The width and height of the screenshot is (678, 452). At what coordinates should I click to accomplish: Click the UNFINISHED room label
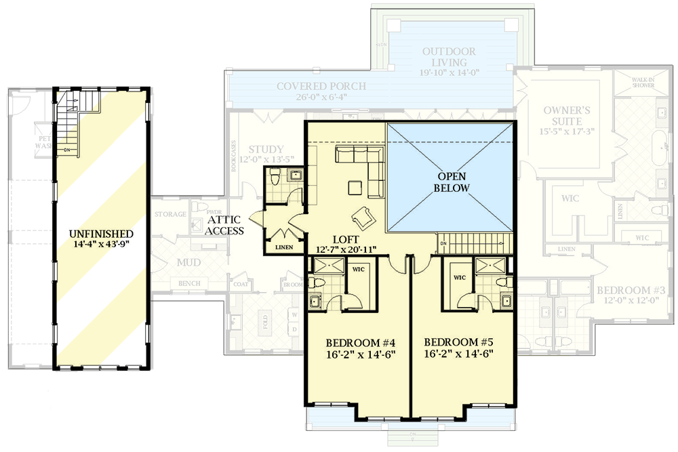(100, 233)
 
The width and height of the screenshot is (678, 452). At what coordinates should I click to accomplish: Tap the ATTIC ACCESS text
(226, 225)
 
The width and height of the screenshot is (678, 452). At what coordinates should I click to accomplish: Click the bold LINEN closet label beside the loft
(284, 248)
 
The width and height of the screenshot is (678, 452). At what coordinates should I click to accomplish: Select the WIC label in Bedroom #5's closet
(459, 278)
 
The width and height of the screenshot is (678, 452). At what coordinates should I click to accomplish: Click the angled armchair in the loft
(362, 218)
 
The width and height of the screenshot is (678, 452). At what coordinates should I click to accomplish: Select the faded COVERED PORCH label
(321, 87)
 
